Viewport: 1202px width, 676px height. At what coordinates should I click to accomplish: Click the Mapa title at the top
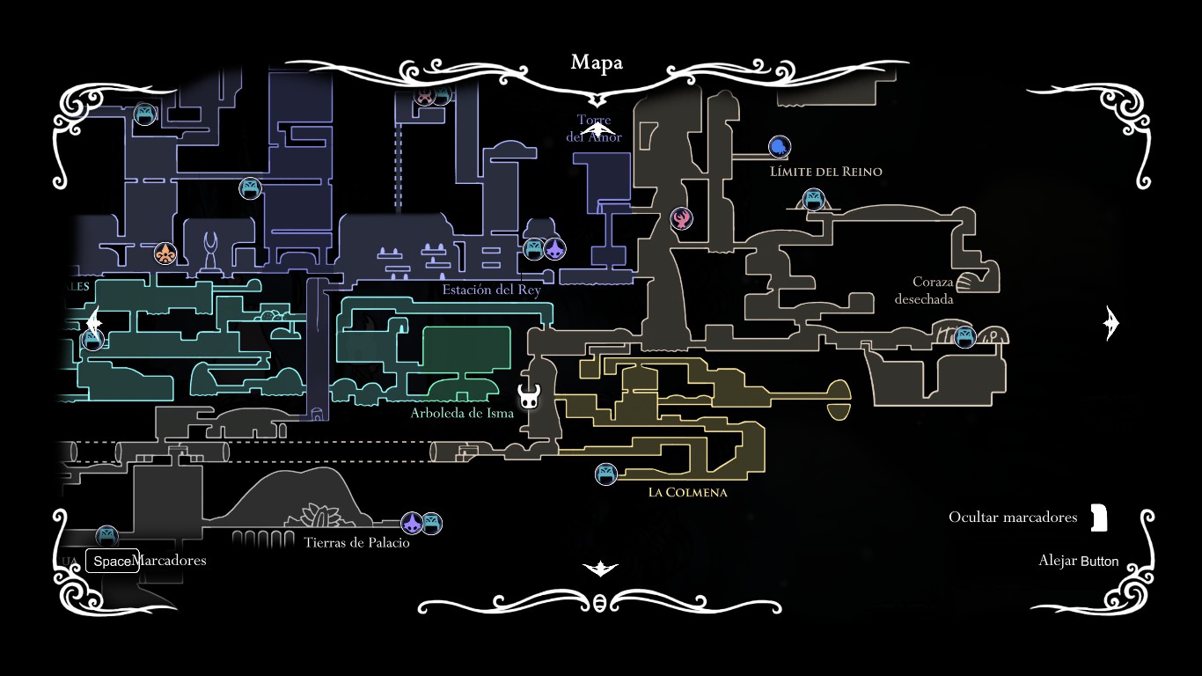coord(597,62)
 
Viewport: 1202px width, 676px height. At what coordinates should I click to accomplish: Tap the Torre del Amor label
coord(594,129)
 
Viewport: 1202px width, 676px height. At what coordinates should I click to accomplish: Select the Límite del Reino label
coord(825,172)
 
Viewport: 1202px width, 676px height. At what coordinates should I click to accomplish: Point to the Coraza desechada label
coord(924,290)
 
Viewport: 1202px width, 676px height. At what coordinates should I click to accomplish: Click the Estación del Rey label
coord(491,290)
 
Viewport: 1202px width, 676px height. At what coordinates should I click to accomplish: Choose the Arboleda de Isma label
coord(462,413)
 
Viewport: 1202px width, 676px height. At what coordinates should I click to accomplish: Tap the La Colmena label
coord(687,493)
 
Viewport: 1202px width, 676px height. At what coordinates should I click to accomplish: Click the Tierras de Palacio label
coord(356,542)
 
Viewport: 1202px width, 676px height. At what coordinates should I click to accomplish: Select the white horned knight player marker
coord(529,397)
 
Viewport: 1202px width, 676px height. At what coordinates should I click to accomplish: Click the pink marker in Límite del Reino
coord(682,218)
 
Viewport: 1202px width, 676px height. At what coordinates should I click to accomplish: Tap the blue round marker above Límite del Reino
coord(780,147)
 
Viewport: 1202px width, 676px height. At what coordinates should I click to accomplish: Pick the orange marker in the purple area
coord(165,254)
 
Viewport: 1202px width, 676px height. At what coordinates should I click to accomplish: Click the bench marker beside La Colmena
coord(605,474)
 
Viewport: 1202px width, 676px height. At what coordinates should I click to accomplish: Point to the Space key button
coord(112,561)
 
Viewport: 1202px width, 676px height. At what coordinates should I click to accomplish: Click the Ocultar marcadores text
coord(1012,518)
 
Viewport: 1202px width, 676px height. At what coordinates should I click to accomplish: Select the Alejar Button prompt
coord(1078,561)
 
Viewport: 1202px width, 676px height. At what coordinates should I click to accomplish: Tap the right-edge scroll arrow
coord(1110,324)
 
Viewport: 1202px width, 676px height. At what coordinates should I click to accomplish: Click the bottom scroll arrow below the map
coord(600,569)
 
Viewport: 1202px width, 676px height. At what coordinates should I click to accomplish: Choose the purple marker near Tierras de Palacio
coord(412,524)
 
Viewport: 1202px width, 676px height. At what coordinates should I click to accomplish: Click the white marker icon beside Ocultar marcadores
coord(1098,518)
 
